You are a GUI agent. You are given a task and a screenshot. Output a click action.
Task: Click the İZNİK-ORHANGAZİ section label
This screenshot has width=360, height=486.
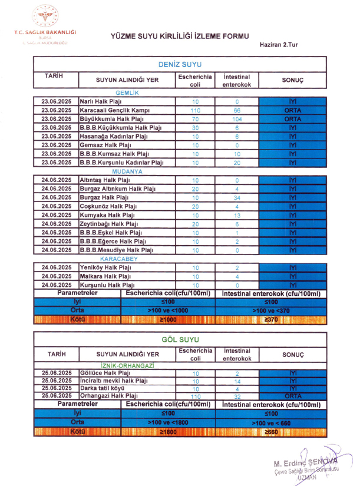(x=127, y=365)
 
